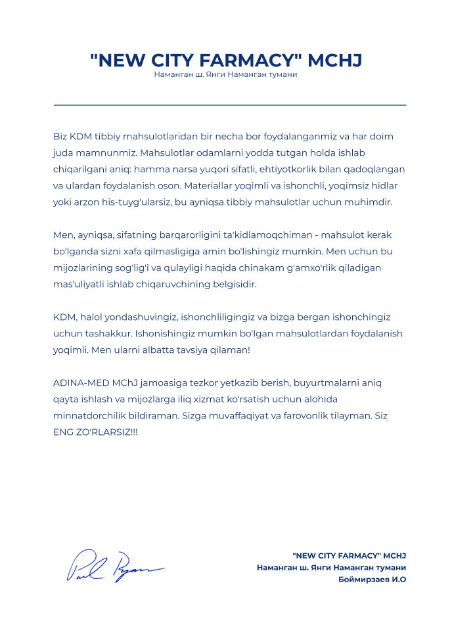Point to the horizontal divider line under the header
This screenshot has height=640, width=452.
coord(229,104)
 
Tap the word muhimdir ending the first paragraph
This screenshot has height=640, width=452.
coord(370,202)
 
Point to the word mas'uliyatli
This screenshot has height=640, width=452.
coord(78,285)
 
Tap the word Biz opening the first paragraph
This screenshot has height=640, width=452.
coord(60,136)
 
